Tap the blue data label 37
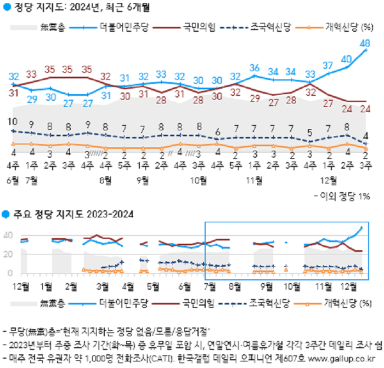point(328,66)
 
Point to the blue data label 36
point(255,68)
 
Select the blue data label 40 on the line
point(347,58)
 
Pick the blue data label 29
point(32,99)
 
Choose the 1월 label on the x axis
point(47,285)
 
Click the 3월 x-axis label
point(102,285)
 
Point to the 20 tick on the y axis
point(8,254)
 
